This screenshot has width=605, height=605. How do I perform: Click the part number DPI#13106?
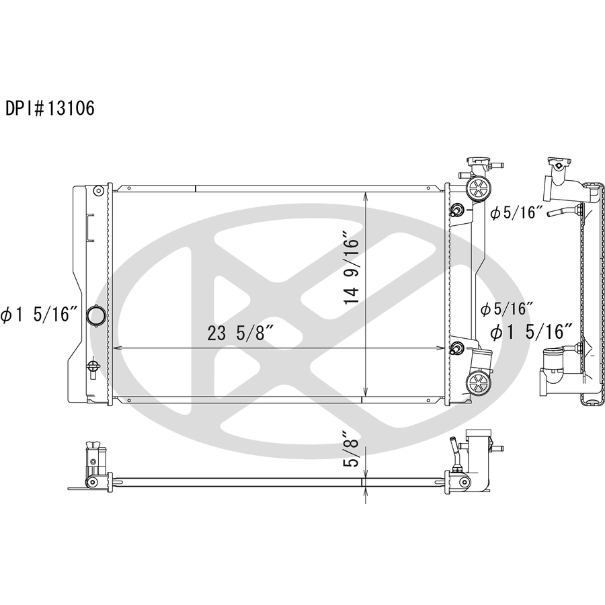pyautogui.click(x=50, y=108)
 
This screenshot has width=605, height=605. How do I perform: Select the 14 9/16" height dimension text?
pyautogui.click(x=352, y=268)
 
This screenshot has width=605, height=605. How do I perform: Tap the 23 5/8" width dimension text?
pyautogui.click(x=241, y=333)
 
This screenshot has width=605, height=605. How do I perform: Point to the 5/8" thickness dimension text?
pyautogui.click(x=352, y=452)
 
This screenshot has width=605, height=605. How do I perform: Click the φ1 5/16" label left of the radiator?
pyautogui.click(x=40, y=315)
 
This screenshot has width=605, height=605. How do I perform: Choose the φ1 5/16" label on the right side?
pyautogui.click(x=531, y=332)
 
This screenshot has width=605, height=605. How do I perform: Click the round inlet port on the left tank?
pyautogui.click(x=95, y=315)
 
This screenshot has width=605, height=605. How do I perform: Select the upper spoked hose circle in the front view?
pyautogui.click(x=479, y=189)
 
